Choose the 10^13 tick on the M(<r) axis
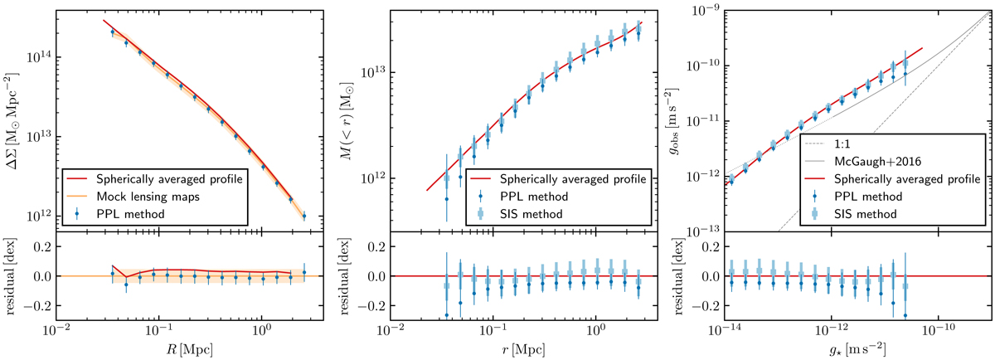[x=370, y=73]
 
